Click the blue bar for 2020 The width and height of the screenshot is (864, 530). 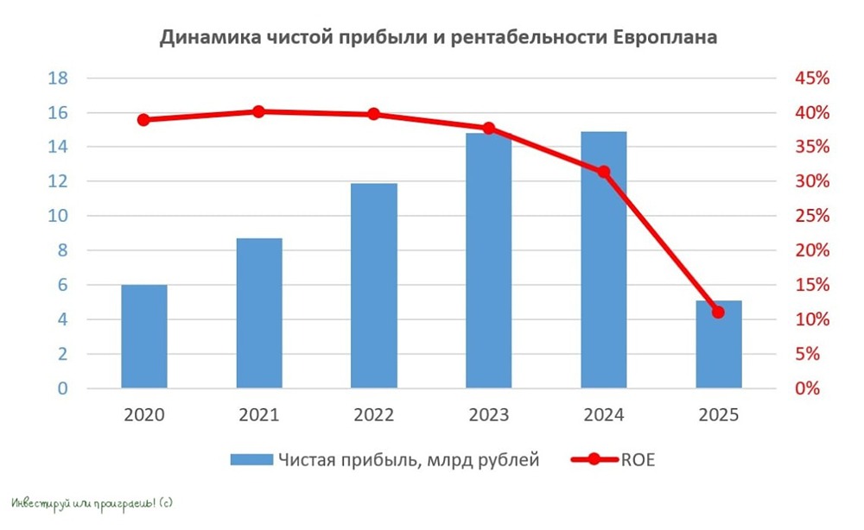144,336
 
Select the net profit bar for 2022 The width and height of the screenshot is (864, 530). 374,285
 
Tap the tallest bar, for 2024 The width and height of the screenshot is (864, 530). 603,259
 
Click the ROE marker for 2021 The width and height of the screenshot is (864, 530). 258,111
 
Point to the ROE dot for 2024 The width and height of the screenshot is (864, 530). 603,172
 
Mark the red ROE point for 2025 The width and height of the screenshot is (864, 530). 718,312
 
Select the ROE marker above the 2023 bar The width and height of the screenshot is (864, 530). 488,128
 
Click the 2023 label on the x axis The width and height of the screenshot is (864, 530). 488,415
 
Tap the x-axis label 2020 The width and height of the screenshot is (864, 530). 144,415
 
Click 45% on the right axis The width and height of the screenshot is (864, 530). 811,79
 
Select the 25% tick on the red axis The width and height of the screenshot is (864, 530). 811,216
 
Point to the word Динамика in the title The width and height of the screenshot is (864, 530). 200,39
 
